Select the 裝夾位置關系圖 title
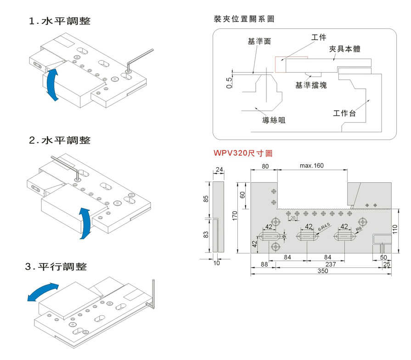click(244, 19)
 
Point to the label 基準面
click(259, 41)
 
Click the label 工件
click(319, 38)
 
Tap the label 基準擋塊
click(311, 85)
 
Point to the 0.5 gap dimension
click(229, 83)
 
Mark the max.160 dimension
click(312, 166)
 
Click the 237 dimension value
click(330, 264)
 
